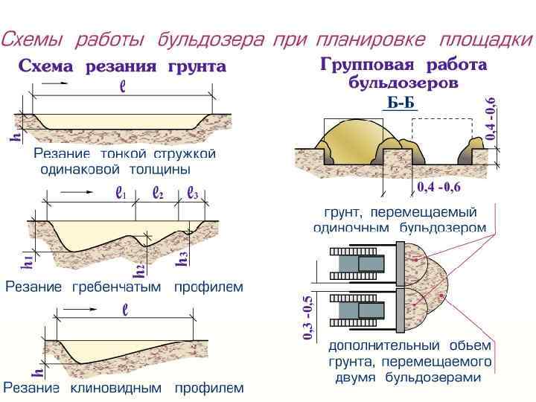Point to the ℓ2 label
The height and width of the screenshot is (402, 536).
click(x=158, y=193)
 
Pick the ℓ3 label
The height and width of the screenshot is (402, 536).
click(x=192, y=193)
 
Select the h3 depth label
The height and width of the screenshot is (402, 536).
click(x=181, y=258)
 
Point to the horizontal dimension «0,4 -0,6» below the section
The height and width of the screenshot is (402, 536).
click(x=438, y=185)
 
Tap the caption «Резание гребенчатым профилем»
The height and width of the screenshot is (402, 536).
click(x=124, y=287)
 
